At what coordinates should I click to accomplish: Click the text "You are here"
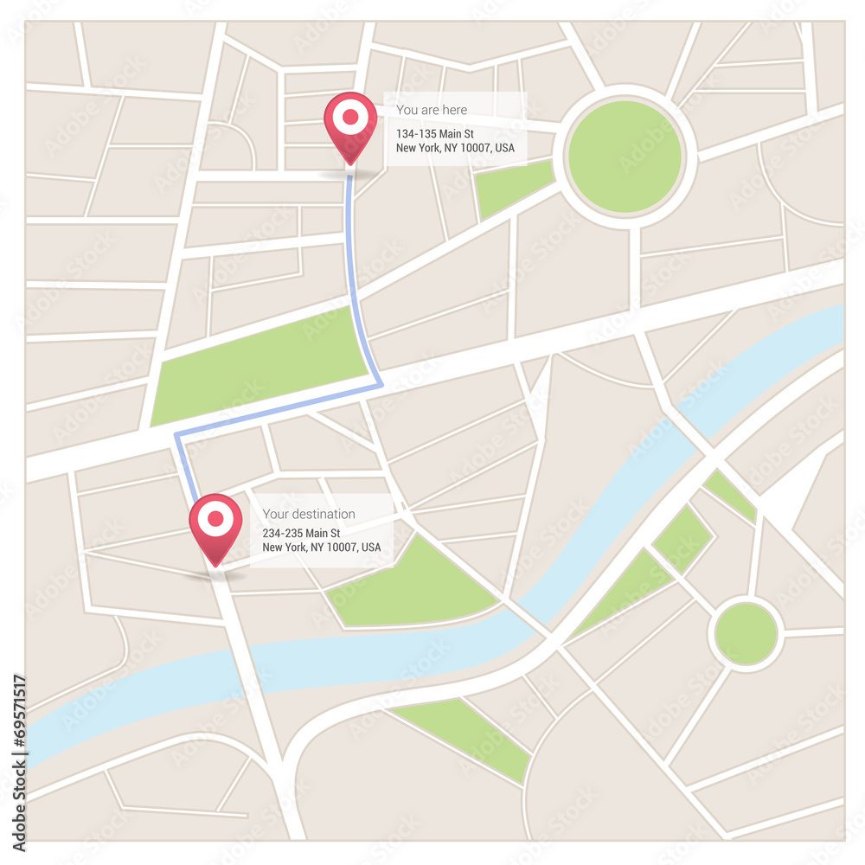(432, 110)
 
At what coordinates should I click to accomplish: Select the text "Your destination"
(309, 514)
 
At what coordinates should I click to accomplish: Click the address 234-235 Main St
(301, 534)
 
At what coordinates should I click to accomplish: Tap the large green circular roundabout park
(625, 157)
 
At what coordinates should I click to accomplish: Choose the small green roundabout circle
(746, 634)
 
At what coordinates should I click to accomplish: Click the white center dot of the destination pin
(215, 519)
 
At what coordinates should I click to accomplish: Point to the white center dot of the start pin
(350, 117)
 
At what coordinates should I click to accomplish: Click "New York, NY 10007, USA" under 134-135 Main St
(455, 148)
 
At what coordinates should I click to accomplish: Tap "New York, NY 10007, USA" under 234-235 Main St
(322, 548)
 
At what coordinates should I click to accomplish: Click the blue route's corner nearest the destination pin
(177, 435)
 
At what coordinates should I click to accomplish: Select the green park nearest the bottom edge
(467, 734)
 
